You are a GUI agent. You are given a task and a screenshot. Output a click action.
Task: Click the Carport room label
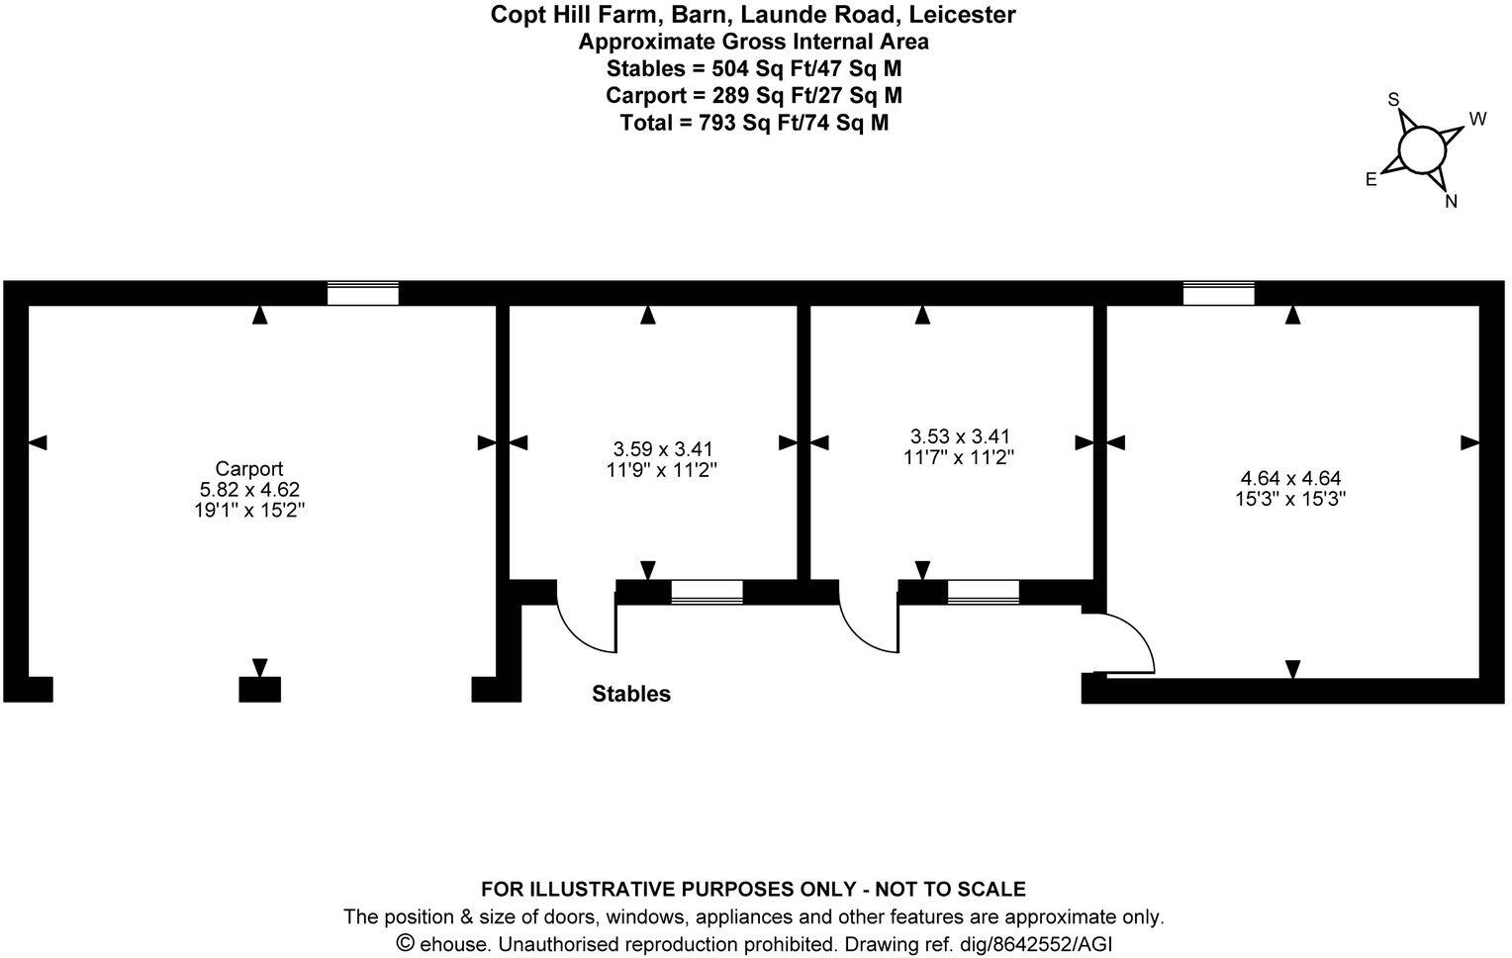point(248,468)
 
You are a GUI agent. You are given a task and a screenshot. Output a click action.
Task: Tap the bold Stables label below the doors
point(631,694)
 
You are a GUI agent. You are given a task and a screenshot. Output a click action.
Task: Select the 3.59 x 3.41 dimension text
point(662,448)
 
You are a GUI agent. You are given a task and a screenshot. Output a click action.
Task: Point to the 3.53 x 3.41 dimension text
point(959,435)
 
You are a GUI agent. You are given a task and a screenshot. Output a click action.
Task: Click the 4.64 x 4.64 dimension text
point(1290,478)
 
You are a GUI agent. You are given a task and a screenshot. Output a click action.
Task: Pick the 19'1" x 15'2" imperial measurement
point(249,510)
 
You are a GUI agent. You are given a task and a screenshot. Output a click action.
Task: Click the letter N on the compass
point(1451,201)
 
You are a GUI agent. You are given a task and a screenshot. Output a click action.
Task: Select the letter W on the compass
point(1477,119)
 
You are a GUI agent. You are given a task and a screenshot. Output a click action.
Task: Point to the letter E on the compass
point(1370,179)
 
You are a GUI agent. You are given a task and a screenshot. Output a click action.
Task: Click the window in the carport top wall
point(363,294)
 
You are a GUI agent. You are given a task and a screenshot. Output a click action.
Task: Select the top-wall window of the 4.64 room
point(1218,294)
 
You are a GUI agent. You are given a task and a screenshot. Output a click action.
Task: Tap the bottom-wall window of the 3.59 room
point(707,592)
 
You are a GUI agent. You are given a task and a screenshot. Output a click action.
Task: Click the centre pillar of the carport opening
point(260,689)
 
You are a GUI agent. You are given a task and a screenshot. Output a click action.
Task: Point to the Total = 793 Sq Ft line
point(754,123)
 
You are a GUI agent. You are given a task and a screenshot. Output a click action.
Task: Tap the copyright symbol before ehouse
point(405,942)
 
